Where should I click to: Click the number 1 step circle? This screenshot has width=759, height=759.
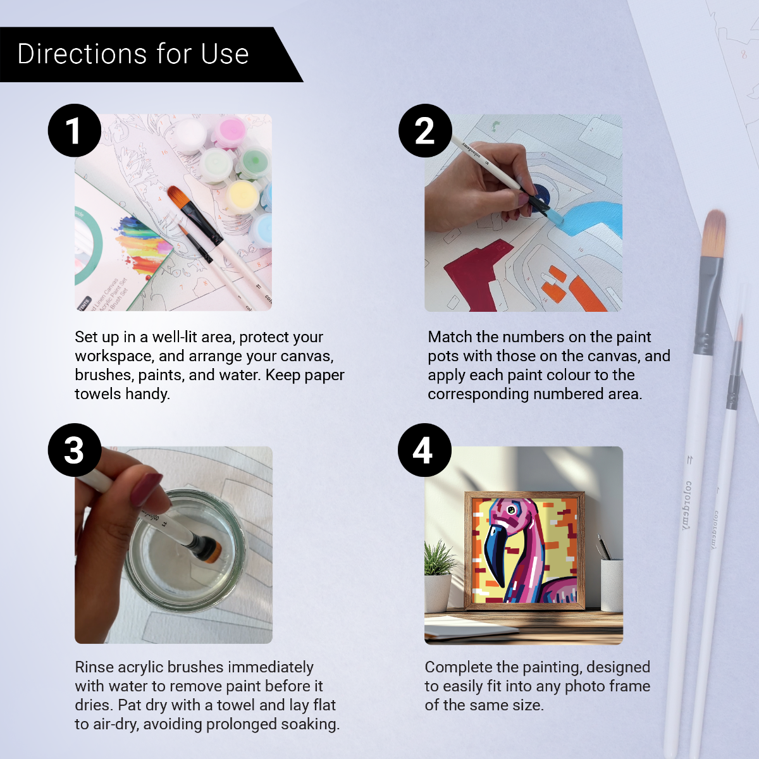tap(75, 130)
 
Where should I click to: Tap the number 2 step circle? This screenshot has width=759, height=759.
tap(425, 130)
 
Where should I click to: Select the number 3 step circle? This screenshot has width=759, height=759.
tap(75, 450)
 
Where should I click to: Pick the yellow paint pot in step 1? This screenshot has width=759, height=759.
tap(242, 195)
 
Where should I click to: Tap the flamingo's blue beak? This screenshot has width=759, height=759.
tap(497, 550)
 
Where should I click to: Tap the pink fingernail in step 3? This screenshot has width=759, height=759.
tap(147, 488)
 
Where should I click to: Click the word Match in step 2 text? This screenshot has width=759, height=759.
tap(450, 337)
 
